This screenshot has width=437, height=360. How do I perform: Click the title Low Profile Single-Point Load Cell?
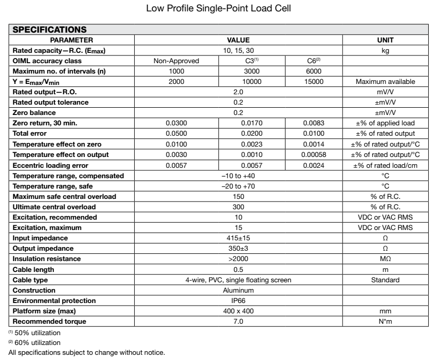point(218,9)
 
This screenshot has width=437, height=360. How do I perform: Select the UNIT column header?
point(385,39)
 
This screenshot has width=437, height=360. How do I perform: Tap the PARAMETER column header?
point(72,39)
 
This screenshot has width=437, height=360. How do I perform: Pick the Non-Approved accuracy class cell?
point(176,60)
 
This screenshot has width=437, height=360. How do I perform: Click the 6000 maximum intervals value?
point(314,71)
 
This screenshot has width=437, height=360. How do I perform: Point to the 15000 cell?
point(314,81)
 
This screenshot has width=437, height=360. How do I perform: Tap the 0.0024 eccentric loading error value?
point(314,166)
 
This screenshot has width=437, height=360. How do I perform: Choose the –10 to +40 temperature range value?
point(238,176)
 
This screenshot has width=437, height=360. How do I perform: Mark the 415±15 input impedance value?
point(238,237)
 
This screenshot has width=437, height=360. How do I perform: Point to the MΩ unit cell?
point(385,258)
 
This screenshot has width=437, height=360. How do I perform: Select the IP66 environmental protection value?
point(238,300)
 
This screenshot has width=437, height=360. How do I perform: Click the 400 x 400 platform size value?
point(238,311)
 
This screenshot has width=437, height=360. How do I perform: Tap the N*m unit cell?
point(385,321)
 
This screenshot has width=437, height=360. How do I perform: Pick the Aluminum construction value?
point(238,290)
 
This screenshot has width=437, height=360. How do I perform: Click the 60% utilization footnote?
point(32,342)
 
